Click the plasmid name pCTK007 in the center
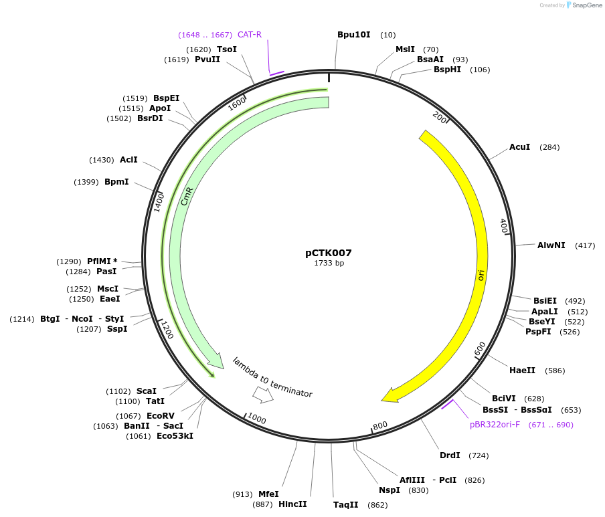coord(329,253)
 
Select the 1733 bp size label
coord(329,264)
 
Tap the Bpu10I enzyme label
coord(353,35)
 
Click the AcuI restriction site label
coord(519,147)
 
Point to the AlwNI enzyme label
coord(551,245)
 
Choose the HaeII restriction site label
coord(522,371)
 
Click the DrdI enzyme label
coord(450,455)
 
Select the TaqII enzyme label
coord(346,505)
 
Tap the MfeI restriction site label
coord(268,494)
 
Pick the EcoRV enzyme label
coord(161,415)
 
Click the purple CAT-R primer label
coord(250,35)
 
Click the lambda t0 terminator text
coord(272,377)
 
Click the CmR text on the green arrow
coord(188,199)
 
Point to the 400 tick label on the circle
coord(504,226)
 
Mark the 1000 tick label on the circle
coord(257,419)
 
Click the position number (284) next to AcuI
coord(549,147)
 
